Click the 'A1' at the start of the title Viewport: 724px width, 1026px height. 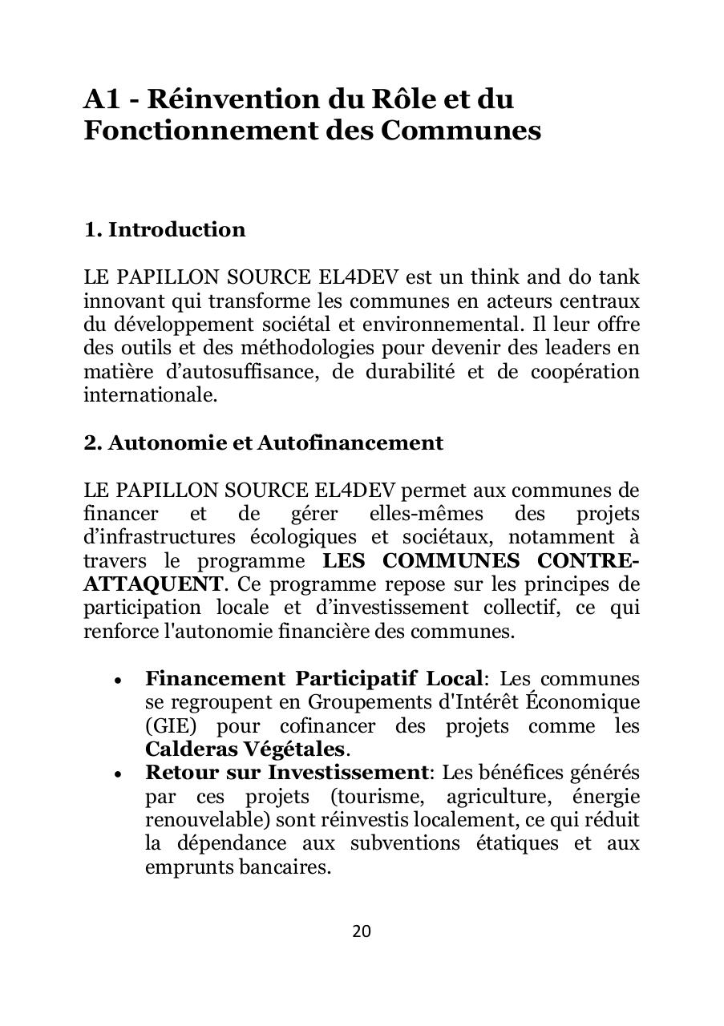102,99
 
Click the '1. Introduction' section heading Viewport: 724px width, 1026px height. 164,230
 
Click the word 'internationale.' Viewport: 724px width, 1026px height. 151,395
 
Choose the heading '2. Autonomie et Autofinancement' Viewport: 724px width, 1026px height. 263,443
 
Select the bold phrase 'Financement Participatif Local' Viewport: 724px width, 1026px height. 313,679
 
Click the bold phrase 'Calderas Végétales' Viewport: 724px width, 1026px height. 245,750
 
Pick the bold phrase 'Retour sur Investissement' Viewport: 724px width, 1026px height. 286,774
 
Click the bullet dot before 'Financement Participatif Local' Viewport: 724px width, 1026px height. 118,681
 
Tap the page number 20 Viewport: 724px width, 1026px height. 362,931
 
